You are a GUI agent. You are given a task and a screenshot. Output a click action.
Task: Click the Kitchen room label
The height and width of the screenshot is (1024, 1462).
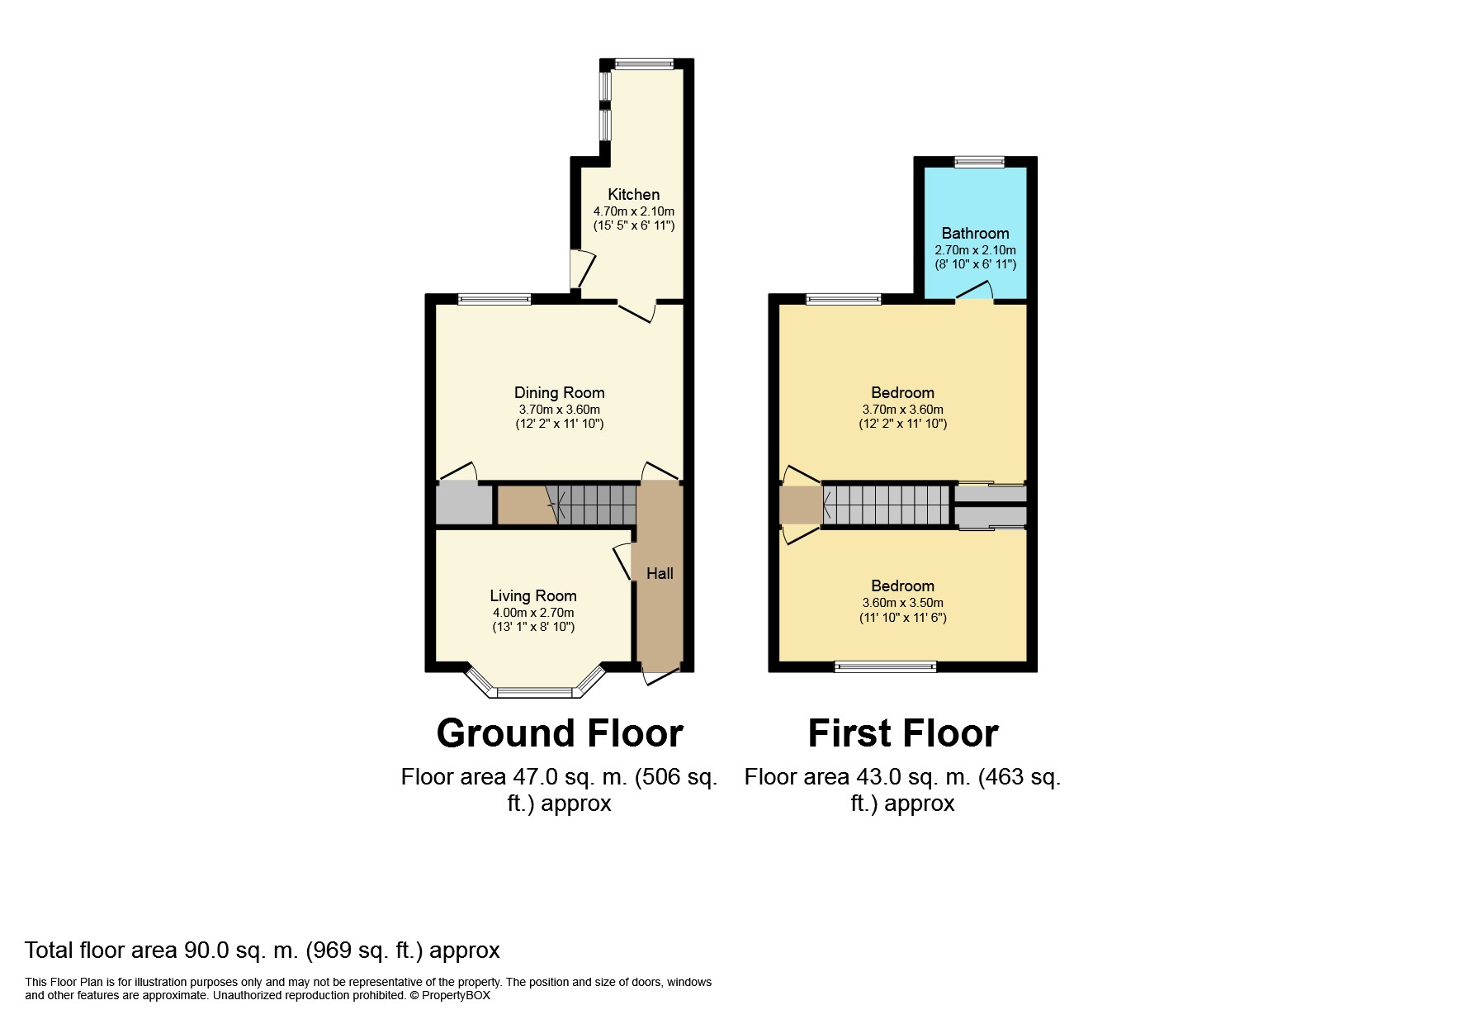click(x=633, y=195)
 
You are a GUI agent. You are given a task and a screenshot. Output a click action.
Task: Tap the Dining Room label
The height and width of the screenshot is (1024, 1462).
click(x=559, y=393)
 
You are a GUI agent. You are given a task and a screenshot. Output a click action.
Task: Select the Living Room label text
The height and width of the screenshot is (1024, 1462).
click(x=533, y=596)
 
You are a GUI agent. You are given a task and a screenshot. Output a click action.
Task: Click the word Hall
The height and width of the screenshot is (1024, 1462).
click(x=660, y=573)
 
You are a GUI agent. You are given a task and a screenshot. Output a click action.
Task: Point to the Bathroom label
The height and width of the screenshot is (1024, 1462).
click(x=975, y=234)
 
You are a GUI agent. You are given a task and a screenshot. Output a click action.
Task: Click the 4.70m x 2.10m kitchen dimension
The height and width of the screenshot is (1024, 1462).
click(x=633, y=211)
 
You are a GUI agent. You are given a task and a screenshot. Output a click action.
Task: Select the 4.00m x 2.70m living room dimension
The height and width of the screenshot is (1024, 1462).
click(x=533, y=613)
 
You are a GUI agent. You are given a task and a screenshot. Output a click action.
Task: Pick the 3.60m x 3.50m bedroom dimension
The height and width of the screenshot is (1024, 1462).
click(x=902, y=603)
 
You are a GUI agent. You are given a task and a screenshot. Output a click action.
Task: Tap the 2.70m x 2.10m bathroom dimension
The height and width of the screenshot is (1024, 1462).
click(x=975, y=250)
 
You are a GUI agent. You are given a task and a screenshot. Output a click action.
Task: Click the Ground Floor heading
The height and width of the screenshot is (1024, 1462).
click(x=560, y=732)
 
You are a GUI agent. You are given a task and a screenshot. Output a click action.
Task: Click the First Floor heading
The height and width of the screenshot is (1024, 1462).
click(x=903, y=732)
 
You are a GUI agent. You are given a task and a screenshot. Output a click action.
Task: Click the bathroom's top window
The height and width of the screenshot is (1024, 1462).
click(x=979, y=162)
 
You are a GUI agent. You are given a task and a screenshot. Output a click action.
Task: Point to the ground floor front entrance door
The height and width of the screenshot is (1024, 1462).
click(x=660, y=674)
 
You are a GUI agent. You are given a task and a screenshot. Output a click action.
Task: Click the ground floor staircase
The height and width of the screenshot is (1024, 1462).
click(x=567, y=505)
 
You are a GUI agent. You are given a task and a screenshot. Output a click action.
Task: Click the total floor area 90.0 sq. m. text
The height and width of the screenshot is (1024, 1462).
click(x=263, y=951)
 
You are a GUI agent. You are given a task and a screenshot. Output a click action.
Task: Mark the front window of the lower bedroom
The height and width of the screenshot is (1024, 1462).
click(x=886, y=666)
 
